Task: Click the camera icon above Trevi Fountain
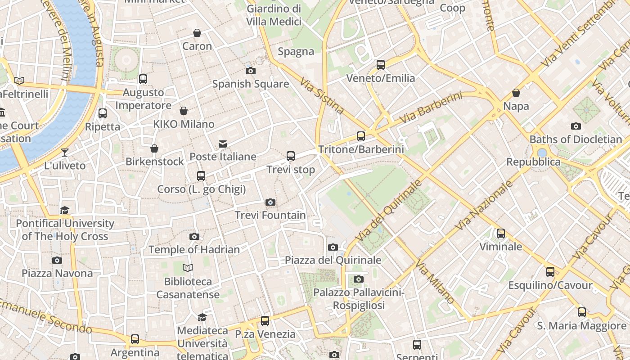pyautogui.click(x=270, y=202)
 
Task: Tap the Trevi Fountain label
pyautogui.click(x=270, y=215)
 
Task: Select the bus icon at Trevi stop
pyautogui.click(x=291, y=156)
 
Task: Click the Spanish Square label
pyautogui.click(x=250, y=84)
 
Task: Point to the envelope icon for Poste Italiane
pyautogui.click(x=223, y=144)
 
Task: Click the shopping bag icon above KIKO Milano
pyautogui.click(x=184, y=111)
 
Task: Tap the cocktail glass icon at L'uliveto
pyautogui.click(x=65, y=152)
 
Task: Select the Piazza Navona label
pyautogui.click(x=57, y=273)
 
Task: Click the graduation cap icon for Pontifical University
pyautogui.click(x=65, y=210)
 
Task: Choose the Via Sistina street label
pyautogui.click(x=322, y=97)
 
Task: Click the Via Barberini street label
pyautogui.click(x=431, y=108)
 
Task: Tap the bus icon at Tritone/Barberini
pyautogui.click(x=361, y=136)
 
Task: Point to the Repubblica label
pyautogui.click(x=533, y=162)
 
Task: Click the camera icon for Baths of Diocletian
pyautogui.click(x=576, y=126)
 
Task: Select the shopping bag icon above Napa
pyautogui.click(x=516, y=93)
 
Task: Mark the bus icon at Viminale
pyautogui.click(x=501, y=233)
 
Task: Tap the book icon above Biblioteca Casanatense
pyautogui.click(x=188, y=268)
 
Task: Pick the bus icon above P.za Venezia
pyautogui.click(x=265, y=320)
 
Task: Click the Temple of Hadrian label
pyautogui.click(x=194, y=249)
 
